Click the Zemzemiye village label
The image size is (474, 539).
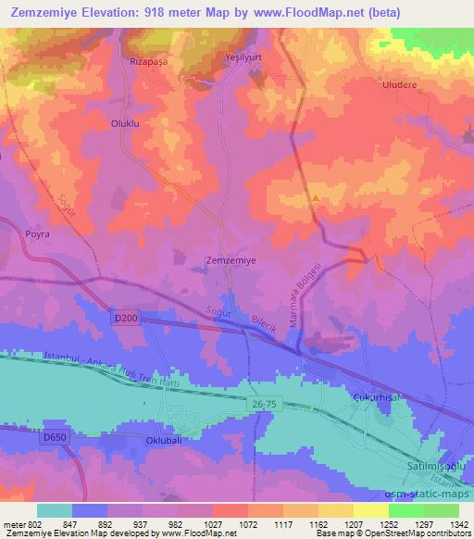230,261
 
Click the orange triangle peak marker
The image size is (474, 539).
316,197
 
